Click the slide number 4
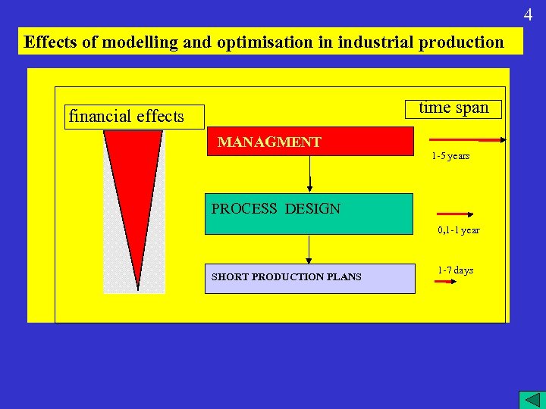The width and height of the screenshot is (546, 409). coord(529,14)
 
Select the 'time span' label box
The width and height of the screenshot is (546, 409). coord(453,108)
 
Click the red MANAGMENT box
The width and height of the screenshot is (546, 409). coord(310,142)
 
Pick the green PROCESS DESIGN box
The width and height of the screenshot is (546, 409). coord(309,214)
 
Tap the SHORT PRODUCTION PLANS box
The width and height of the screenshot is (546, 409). coord(310,277)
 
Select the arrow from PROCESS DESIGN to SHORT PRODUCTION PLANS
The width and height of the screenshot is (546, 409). coord(309,249)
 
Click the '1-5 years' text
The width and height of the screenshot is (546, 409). coord(450,156)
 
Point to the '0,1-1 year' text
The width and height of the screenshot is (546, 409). coord(458,230)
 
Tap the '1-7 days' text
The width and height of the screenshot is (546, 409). coord(455,270)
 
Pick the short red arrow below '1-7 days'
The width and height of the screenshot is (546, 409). coord(444,282)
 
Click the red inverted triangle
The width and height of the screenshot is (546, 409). coord(134,189)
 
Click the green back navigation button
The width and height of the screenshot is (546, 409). coord(529,399)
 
